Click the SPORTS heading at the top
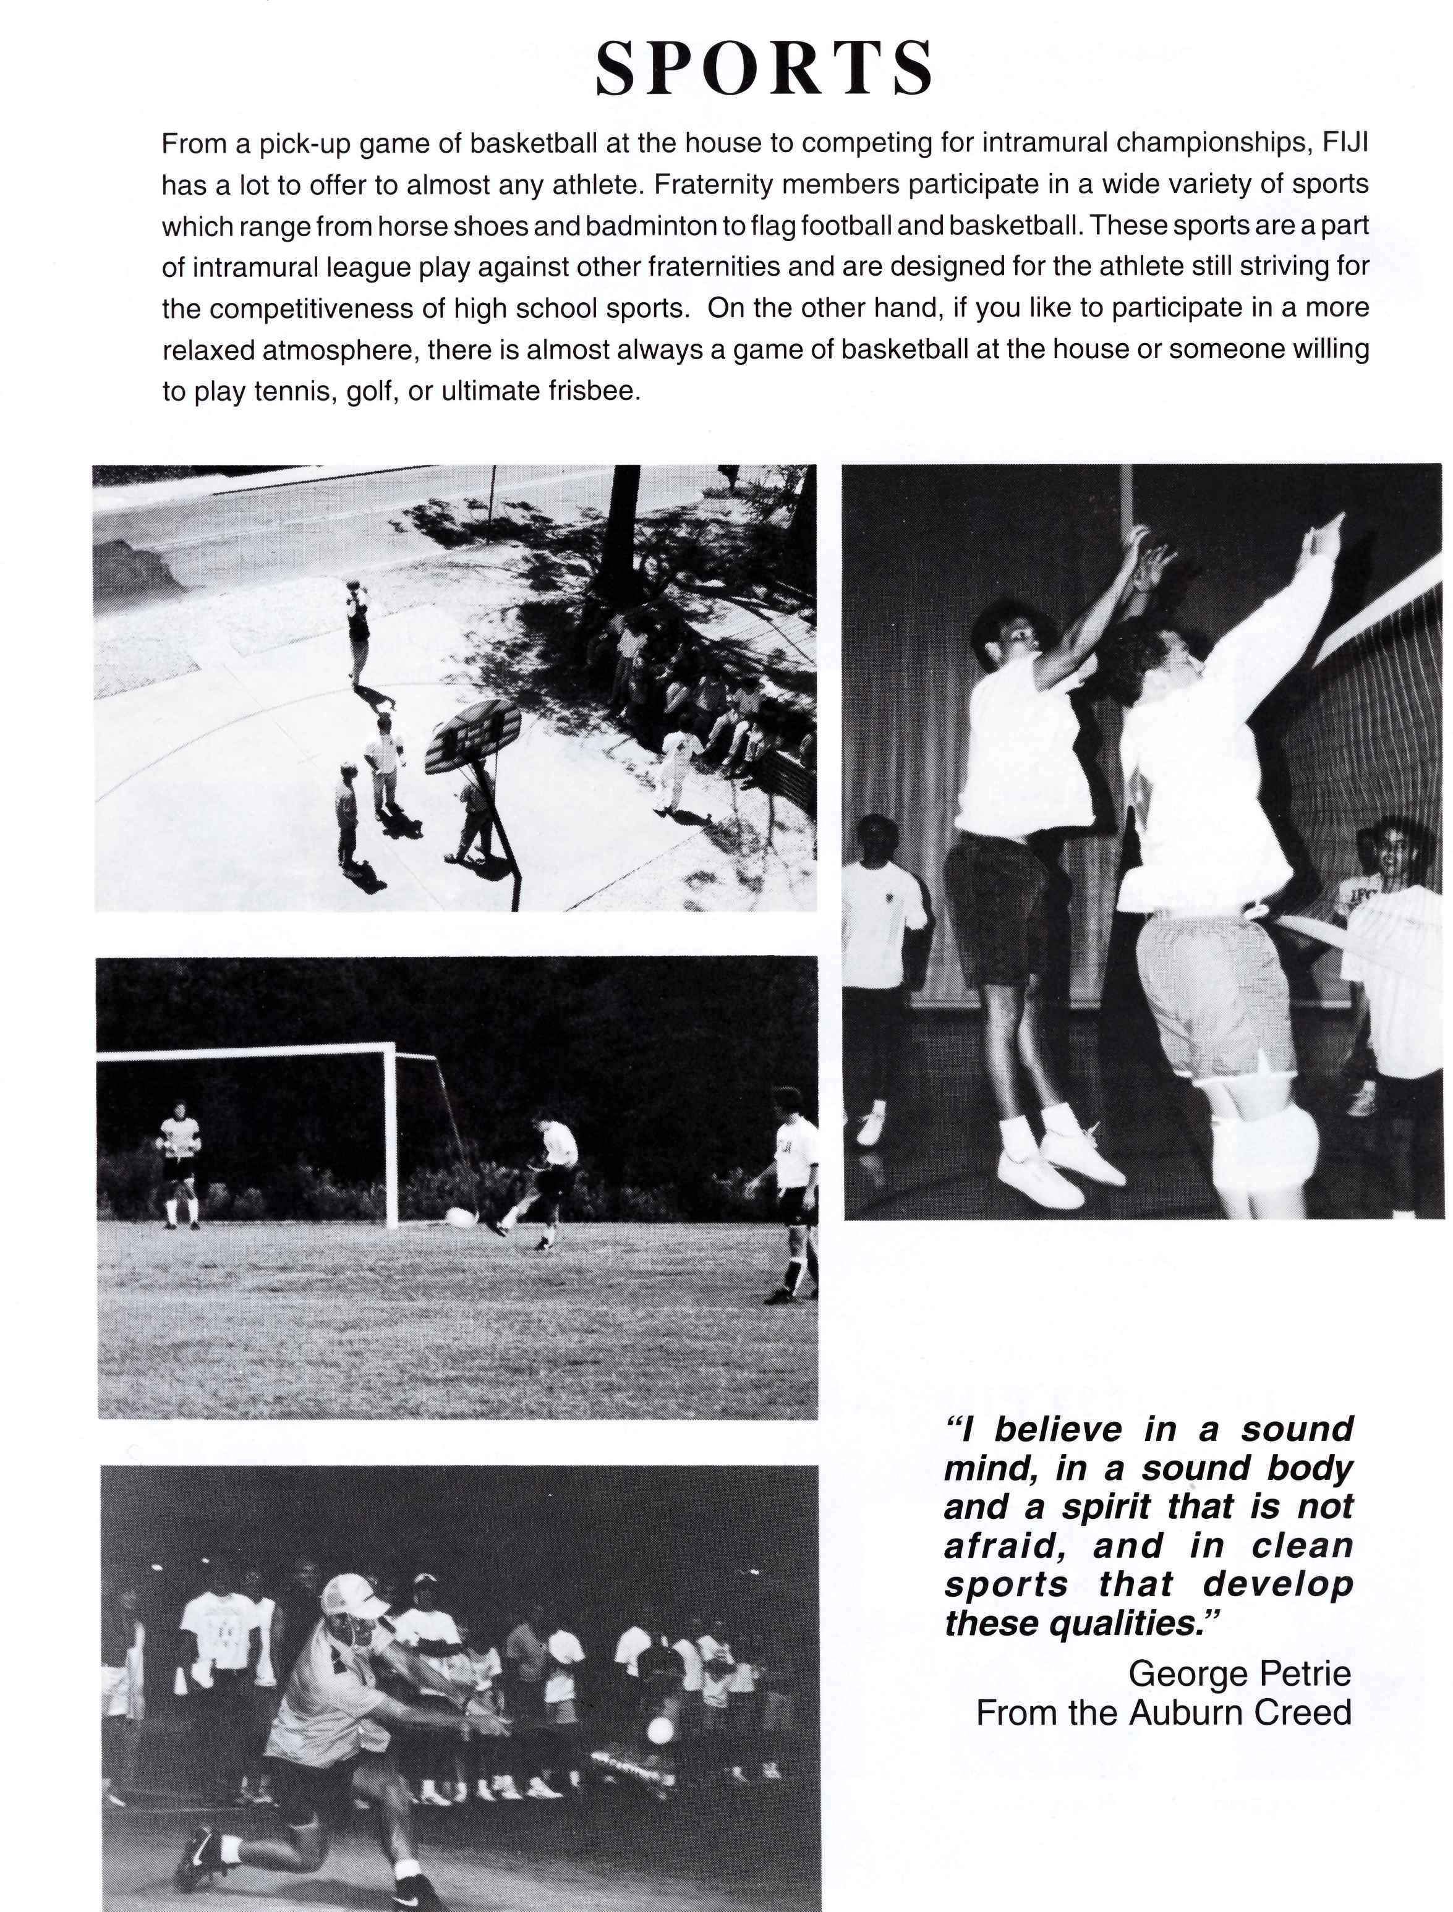tap(765, 69)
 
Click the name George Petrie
tap(1239, 1674)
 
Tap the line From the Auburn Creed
tap(1163, 1713)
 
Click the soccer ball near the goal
tap(461, 1218)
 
